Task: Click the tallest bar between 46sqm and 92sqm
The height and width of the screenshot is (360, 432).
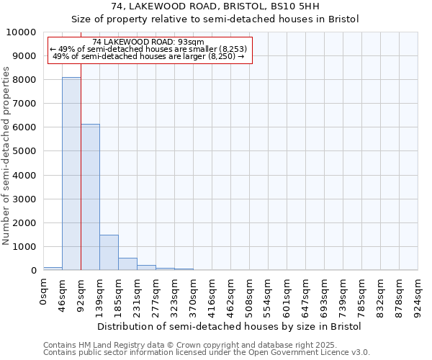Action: coord(71,174)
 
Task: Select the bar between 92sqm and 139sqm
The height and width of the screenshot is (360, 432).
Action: coord(90,197)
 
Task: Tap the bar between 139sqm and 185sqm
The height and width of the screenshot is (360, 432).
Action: coord(109,252)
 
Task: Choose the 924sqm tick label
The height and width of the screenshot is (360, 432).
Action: coord(418,293)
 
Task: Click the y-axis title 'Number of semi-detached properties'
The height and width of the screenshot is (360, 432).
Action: coord(6,156)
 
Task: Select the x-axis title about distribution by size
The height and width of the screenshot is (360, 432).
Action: coord(229,326)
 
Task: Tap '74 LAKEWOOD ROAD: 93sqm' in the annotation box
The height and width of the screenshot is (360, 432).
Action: coord(149,42)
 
